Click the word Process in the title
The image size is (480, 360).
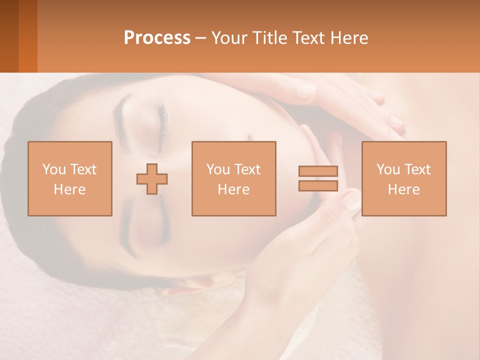click(x=157, y=38)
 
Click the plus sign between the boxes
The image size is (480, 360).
click(x=152, y=178)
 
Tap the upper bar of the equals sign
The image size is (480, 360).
click(x=318, y=171)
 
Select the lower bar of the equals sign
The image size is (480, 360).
click(x=318, y=185)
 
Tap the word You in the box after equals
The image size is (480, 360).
click(x=388, y=169)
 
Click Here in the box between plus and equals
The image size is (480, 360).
click(x=233, y=189)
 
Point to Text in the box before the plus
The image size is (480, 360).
click(x=83, y=169)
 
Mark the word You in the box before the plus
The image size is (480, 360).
click(x=53, y=169)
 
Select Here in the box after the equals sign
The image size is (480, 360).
click(x=403, y=189)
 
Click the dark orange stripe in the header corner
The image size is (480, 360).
click(x=9, y=36)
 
